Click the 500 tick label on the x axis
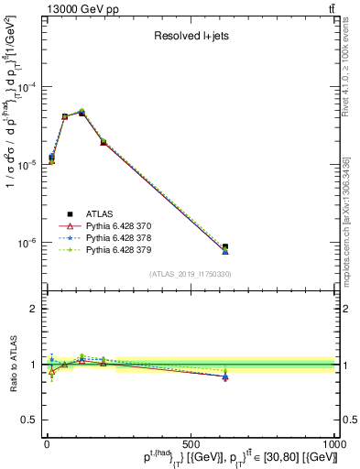[191, 443]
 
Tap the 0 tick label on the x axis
[46, 443]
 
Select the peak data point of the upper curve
[108, 112]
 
